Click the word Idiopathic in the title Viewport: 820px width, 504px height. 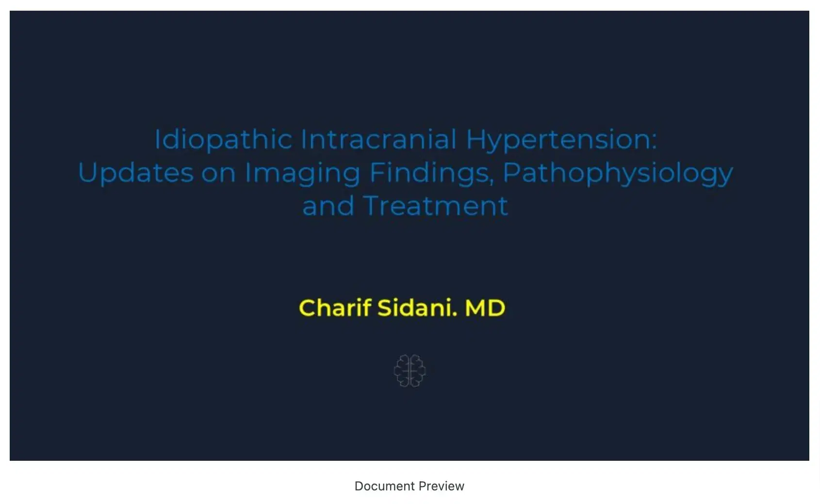click(x=223, y=140)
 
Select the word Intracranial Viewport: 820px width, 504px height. click(x=378, y=139)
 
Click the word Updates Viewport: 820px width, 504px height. click(x=135, y=173)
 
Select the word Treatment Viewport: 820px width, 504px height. click(x=435, y=206)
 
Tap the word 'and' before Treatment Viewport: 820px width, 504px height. click(x=328, y=206)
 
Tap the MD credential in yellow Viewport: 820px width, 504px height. click(x=485, y=308)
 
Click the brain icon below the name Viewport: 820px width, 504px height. click(x=410, y=370)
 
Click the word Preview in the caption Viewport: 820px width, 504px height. click(x=442, y=486)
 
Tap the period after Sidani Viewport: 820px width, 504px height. click(x=455, y=314)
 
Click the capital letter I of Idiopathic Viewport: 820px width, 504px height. click(x=157, y=139)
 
